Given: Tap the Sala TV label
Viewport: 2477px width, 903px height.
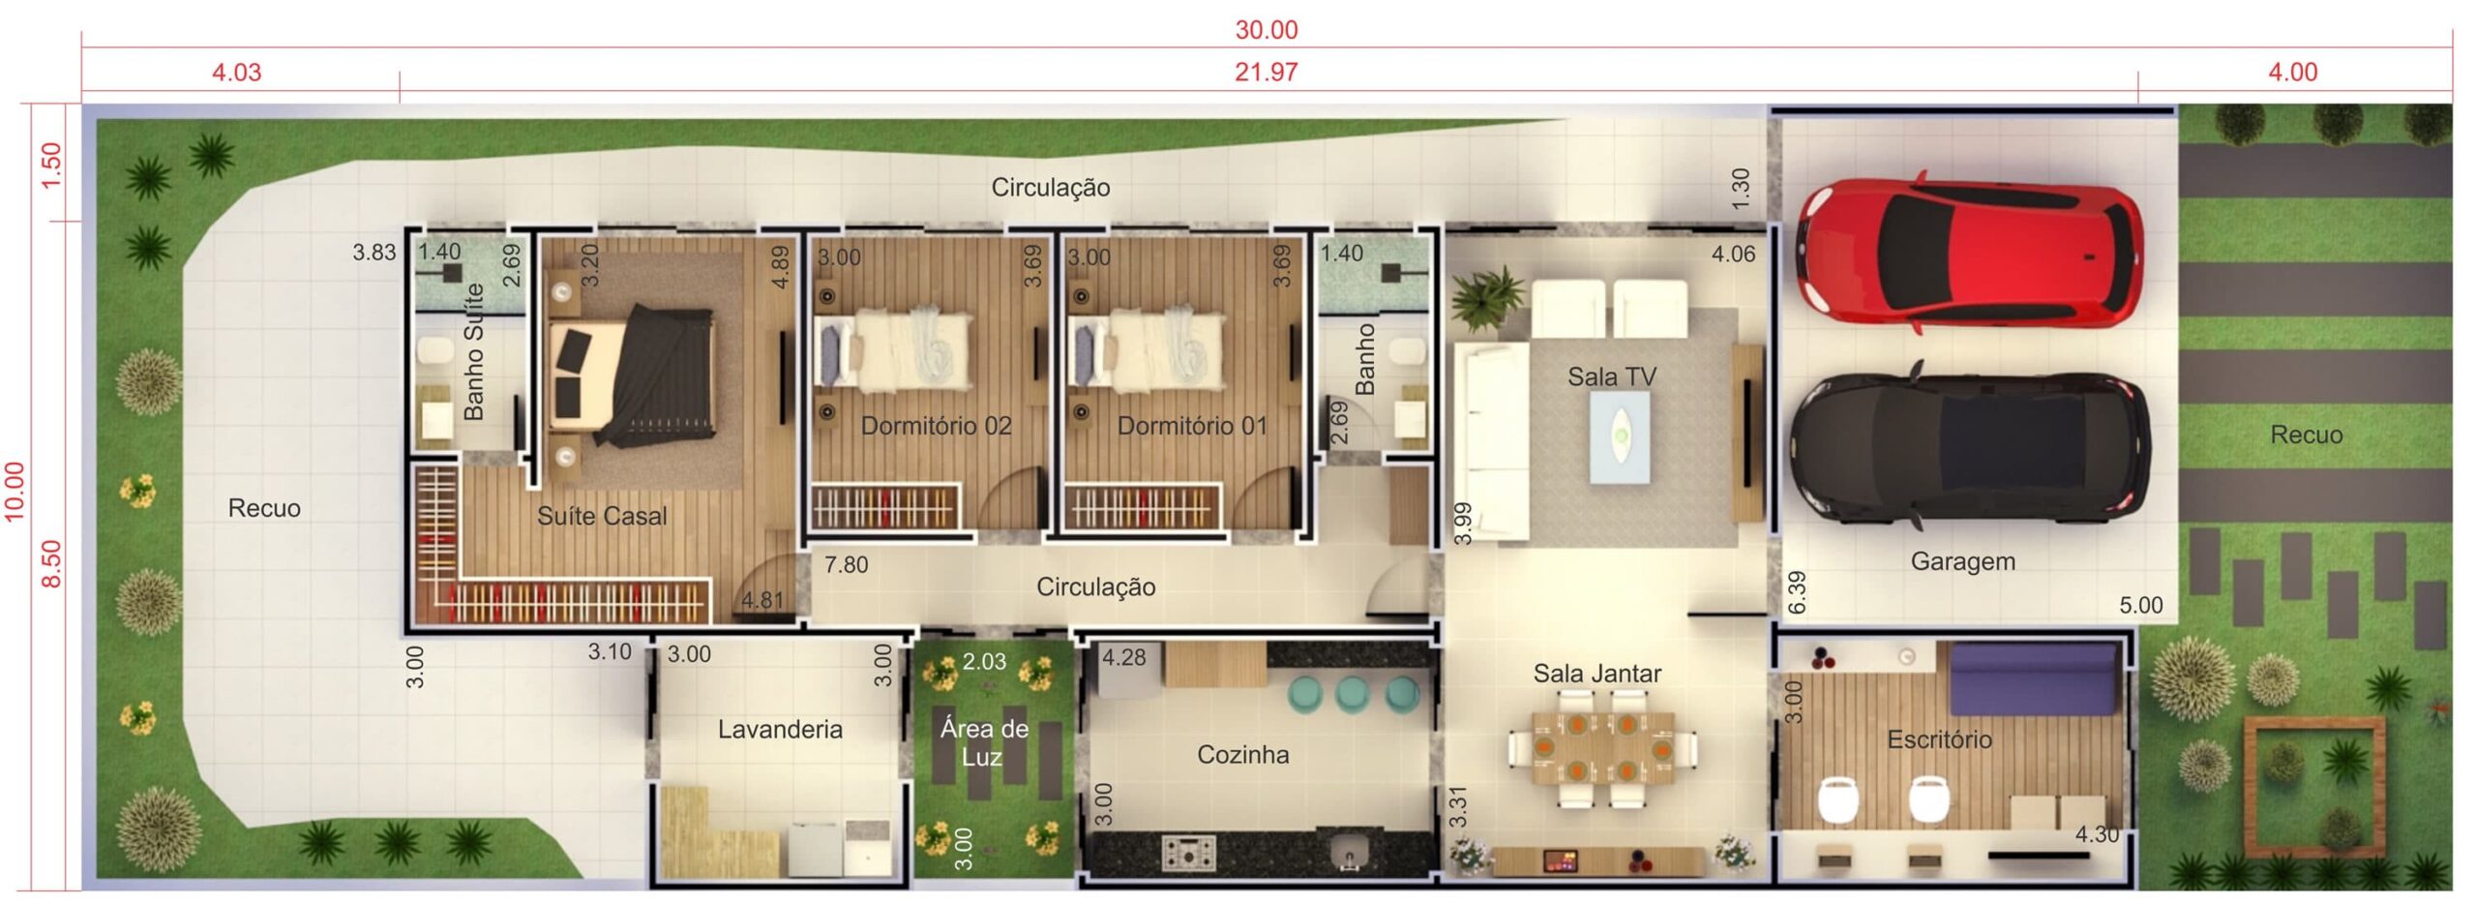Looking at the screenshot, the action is tap(1612, 376).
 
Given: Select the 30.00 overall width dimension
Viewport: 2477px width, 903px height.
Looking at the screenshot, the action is tap(1267, 30).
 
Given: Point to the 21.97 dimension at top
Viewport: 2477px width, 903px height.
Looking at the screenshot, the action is tap(1266, 73).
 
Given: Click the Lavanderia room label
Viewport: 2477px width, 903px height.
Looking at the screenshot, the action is tap(780, 729).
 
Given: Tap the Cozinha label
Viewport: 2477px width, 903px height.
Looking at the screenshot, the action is tap(1243, 754).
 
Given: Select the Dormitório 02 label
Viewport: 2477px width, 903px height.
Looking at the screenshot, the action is tap(936, 426).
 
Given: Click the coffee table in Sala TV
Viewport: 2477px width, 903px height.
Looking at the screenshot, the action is tap(1620, 436).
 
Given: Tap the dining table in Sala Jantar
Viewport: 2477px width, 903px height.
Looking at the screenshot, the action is tap(1602, 749).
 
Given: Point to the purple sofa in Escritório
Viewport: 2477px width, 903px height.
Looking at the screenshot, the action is tap(2032, 677).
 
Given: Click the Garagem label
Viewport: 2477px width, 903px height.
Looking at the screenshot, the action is tap(1962, 561).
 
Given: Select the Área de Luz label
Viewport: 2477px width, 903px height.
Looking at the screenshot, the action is tap(984, 742).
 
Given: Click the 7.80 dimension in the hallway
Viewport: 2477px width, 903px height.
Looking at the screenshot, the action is tap(846, 565).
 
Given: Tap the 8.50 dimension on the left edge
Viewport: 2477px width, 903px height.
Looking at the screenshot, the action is tap(52, 563).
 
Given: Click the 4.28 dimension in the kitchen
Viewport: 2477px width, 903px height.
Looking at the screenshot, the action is tap(1124, 658).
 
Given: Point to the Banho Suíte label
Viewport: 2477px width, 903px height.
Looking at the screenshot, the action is tap(473, 351).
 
